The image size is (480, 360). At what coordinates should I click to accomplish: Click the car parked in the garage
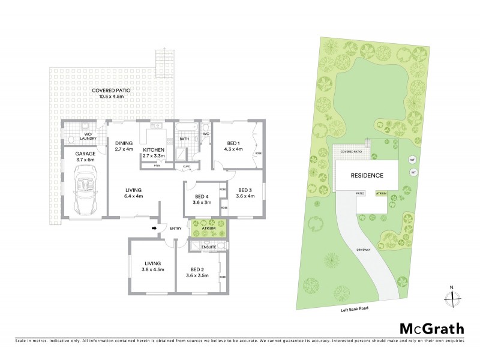click(x=85, y=190)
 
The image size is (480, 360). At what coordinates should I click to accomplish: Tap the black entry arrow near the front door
click(x=154, y=228)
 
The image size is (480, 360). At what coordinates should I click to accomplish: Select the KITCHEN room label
click(x=154, y=149)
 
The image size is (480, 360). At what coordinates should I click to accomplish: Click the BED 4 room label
click(x=202, y=196)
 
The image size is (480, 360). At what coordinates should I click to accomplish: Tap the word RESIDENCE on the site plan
click(x=367, y=175)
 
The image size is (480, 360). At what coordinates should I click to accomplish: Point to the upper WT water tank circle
click(x=412, y=160)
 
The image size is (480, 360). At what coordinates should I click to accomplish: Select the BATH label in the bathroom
click(x=185, y=140)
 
